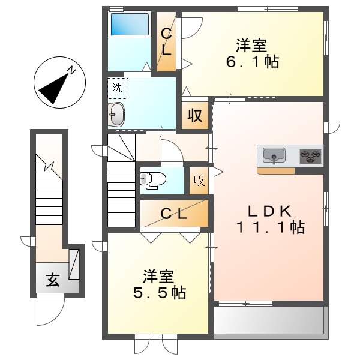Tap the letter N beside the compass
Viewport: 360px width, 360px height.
coord(71,71)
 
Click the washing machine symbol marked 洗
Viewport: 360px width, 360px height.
coord(118,88)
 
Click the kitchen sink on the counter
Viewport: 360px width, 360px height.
coord(274,156)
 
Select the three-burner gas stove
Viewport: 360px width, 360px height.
coord(310,156)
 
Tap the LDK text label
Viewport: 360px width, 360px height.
coord(270,211)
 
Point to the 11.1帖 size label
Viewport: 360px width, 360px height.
coord(270,227)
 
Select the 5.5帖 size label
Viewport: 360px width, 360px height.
coord(158,293)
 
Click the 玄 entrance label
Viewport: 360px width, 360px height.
coord(53,280)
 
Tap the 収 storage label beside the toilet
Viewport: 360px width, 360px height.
coord(199,180)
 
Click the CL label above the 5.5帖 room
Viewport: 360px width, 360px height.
coord(173,214)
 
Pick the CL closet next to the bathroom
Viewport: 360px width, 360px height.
coord(166,42)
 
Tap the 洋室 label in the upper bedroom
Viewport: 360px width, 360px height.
coord(251,45)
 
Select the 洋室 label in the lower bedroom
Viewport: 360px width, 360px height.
coord(158,277)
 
